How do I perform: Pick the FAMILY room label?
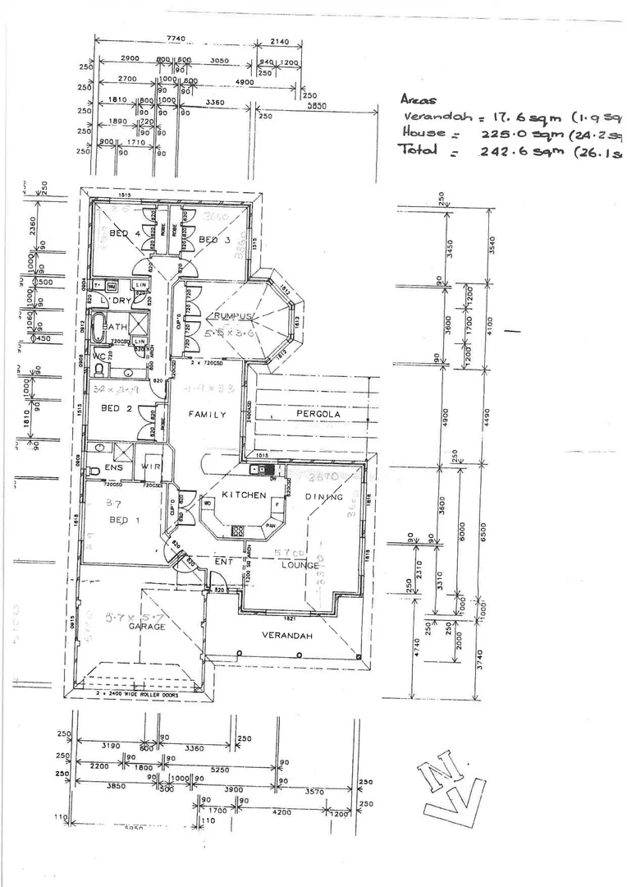(x=207, y=415)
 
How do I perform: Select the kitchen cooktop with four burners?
(x=239, y=530)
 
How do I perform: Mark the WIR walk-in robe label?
(x=150, y=466)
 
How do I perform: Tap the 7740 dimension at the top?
(x=176, y=39)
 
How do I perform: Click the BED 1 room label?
(x=119, y=521)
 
